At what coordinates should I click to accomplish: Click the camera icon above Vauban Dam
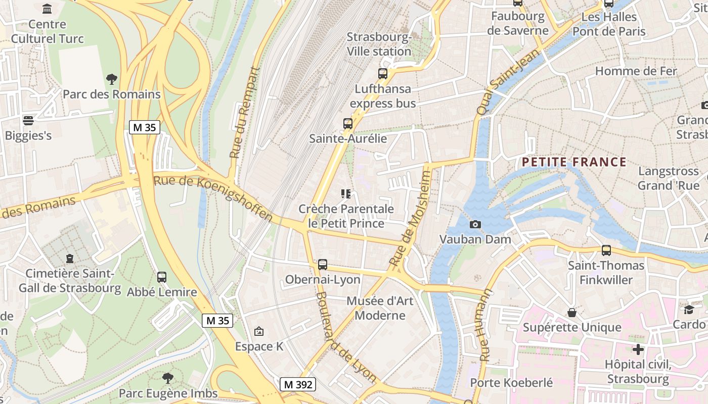click(475, 224)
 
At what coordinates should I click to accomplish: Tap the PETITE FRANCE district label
click(574, 162)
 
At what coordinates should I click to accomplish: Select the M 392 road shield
click(298, 384)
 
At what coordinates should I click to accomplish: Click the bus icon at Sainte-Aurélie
click(348, 123)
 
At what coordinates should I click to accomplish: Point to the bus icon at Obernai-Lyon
click(323, 264)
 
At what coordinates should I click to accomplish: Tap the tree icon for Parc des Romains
click(112, 79)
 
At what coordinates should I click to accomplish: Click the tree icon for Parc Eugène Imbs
click(168, 378)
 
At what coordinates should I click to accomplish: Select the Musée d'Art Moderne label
click(380, 308)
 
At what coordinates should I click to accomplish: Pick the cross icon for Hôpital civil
click(638, 349)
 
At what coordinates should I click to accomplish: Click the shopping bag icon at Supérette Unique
click(572, 313)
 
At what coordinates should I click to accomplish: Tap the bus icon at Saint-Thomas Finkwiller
click(606, 250)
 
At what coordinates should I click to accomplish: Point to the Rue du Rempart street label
click(244, 113)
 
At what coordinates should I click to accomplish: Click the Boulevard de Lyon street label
click(346, 337)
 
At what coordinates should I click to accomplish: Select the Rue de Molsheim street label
click(411, 218)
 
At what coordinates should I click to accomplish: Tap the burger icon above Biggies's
click(28, 121)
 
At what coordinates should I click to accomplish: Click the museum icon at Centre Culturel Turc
click(48, 9)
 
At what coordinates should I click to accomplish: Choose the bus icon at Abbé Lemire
click(162, 277)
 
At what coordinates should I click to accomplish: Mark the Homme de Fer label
click(636, 71)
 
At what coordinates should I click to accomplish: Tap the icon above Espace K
click(259, 331)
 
